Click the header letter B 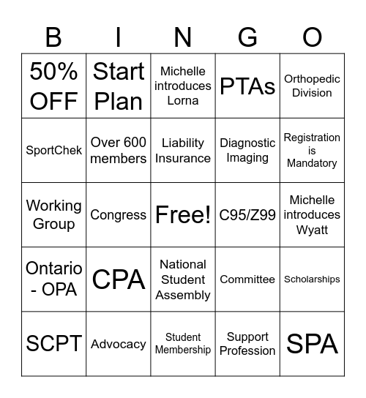pyautogui.click(x=53, y=36)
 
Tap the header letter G pyautogui.click(x=247, y=36)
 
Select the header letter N pyautogui.click(x=183, y=36)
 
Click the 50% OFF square pyautogui.click(x=54, y=86)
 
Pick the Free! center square pyautogui.click(x=183, y=215)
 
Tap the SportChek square pyautogui.click(x=54, y=151)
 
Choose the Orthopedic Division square pyautogui.click(x=312, y=86)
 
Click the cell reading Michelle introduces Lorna pyautogui.click(x=183, y=86)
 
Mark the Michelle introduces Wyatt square pyautogui.click(x=312, y=215)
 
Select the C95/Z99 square pyautogui.click(x=247, y=215)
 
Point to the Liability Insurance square pyautogui.click(x=183, y=151)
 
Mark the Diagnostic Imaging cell pyautogui.click(x=247, y=151)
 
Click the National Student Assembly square pyautogui.click(x=183, y=279)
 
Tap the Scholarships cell pyautogui.click(x=312, y=279)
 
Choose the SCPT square pyautogui.click(x=54, y=344)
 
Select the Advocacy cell pyautogui.click(x=119, y=344)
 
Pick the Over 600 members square pyautogui.click(x=119, y=151)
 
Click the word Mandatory pyautogui.click(x=312, y=163)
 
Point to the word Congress pyautogui.click(x=119, y=215)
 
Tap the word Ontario pyautogui.click(x=54, y=269)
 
